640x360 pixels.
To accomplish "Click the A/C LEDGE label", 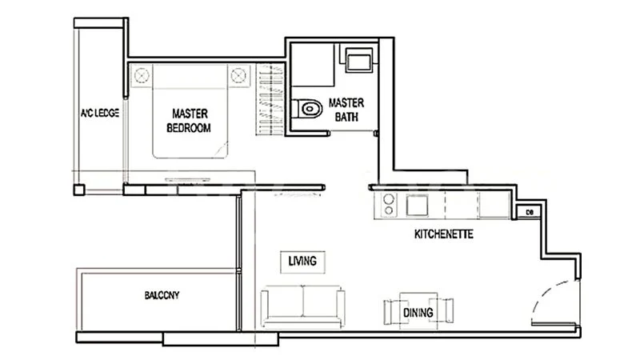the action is pyautogui.click(x=99, y=113).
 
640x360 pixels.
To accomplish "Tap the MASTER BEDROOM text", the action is pyautogui.click(x=189, y=121).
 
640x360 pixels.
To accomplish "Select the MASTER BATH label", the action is pyautogui.click(x=346, y=110).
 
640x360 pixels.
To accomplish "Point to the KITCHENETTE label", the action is pyautogui.click(x=444, y=234).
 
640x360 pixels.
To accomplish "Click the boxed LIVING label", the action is pyautogui.click(x=302, y=262).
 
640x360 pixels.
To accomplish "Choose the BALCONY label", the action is pyautogui.click(x=162, y=295).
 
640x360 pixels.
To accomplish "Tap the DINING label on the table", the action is pyautogui.click(x=418, y=313).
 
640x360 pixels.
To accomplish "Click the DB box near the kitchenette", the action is pyautogui.click(x=530, y=212).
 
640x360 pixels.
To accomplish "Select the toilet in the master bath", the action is pyautogui.click(x=307, y=109).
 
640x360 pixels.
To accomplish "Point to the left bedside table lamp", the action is pyautogui.click(x=142, y=75).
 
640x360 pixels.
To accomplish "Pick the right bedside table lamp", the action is pyautogui.click(x=238, y=75).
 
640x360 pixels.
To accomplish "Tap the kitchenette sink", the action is pyautogui.click(x=417, y=206).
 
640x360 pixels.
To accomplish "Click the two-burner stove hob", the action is pyautogui.click(x=388, y=205).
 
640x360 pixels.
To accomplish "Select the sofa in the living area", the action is pyautogui.click(x=303, y=306).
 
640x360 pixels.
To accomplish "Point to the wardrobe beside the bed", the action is pyautogui.click(x=270, y=99).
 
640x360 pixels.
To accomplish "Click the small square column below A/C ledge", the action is pyautogui.click(x=79, y=190).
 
